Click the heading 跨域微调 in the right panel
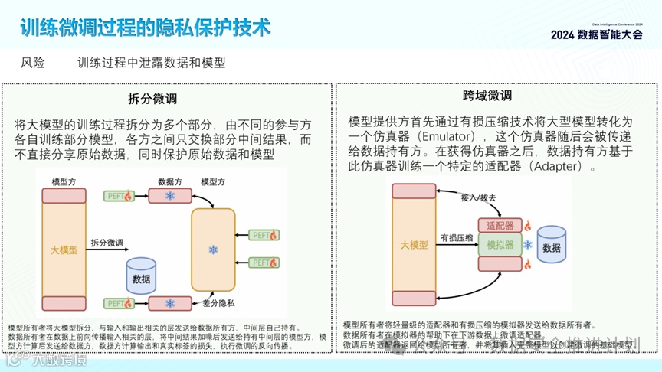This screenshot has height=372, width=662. point(487,96)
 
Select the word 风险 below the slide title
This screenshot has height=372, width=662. point(33,63)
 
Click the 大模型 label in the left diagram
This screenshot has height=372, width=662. point(64,250)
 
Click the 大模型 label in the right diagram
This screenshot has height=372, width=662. point(414,245)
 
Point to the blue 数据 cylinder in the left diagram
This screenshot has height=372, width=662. point(141,277)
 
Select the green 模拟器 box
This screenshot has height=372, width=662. point(500,245)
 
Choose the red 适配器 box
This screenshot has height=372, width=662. point(500,226)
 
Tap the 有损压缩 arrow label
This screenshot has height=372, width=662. point(454,238)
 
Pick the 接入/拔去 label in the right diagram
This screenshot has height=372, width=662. point(478,197)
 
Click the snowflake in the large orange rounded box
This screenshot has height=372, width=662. point(213,250)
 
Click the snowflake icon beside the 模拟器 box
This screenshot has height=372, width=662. point(527,245)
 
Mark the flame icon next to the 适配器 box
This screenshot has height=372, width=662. point(527,226)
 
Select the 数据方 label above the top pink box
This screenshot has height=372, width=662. point(169,181)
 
